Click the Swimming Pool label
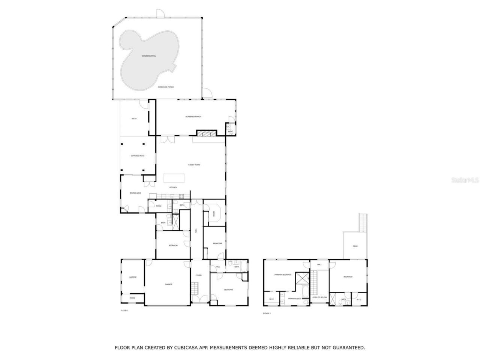[x=148, y=56]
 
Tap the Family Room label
[x=194, y=165]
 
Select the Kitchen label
[x=173, y=187]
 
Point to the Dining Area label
[x=135, y=193]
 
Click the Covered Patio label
[x=137, y=156]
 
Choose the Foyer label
[x=198, y=275]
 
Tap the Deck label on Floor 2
[x=355, y=246]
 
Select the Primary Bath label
[x=294, y=298]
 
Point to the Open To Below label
[x=319, y=297]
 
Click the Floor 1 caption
[x=124, y=310]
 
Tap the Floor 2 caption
[x=267, y=313]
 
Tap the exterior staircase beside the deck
[x=363, y=222]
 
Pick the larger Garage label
[x=168, y=284]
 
